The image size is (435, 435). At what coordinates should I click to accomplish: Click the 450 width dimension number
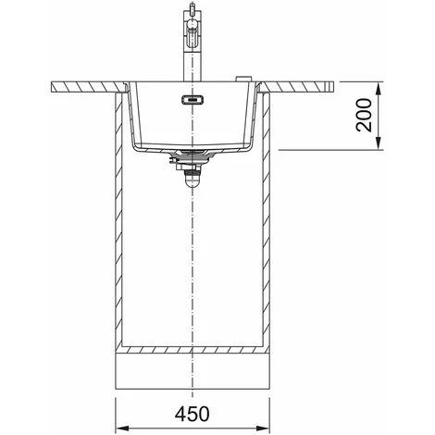coord(192,414)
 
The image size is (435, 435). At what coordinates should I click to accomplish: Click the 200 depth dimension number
coord(364,115)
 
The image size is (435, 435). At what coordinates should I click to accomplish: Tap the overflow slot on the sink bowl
coord(192,100)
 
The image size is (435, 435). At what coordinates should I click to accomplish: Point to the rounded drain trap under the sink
coord(192,181)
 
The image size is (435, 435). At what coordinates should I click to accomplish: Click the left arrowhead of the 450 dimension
coord(121,428)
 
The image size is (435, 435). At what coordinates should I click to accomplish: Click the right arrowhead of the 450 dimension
coord(263,428)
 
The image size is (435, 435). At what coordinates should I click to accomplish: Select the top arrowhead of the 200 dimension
coord(379,89)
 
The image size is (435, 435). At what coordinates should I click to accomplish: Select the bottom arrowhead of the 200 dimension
coord(379,143)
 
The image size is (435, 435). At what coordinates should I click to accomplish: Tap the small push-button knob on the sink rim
coord(244,79)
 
